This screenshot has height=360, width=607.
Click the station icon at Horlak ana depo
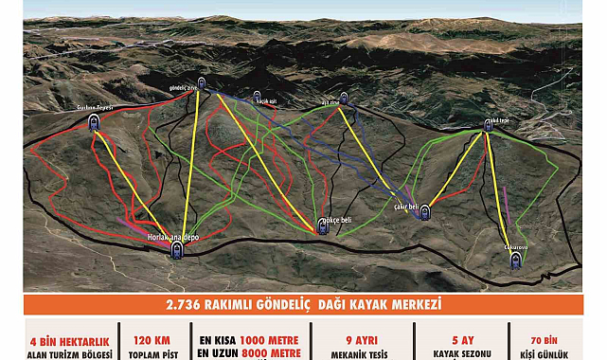pyautogui.click(x=176, y=249)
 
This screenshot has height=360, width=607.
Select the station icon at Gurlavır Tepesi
pyautogui.click(x=94, y=121)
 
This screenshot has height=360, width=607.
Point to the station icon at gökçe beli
pyautogui.click(x=323, y=226)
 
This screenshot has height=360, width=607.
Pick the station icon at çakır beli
pyautogui.click(x=425, y=212)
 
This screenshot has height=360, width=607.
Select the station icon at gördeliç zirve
pyautogui.click(x=202, y=82)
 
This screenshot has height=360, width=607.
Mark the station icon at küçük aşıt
pyautogui.click(x=257, y=96)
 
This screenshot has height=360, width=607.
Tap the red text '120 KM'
pyautogui.click(x=152, y=338)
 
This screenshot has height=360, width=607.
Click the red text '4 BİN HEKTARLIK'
pyautogui.click(x=69, y=338)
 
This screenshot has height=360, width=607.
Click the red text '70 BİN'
pyautogui.click(x=549, y=338)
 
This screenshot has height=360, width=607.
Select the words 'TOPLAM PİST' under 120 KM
pyautogui.click(x=152, y=353)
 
